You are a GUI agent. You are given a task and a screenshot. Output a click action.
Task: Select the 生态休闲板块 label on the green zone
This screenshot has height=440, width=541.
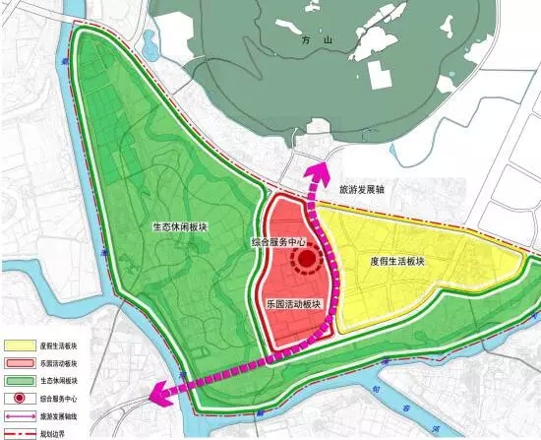coord(179,226)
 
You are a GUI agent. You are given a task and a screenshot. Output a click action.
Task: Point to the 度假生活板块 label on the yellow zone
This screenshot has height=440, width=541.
coord(396,262)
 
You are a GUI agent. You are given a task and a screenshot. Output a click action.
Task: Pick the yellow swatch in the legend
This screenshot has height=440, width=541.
coord(19,346)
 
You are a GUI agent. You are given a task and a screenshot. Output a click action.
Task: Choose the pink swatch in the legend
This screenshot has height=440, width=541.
coord(19,364)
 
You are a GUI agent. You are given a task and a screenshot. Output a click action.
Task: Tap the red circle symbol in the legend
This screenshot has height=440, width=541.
coord(19,399)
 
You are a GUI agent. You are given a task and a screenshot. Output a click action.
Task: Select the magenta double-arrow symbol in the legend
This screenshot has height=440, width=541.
coord(19,416)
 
